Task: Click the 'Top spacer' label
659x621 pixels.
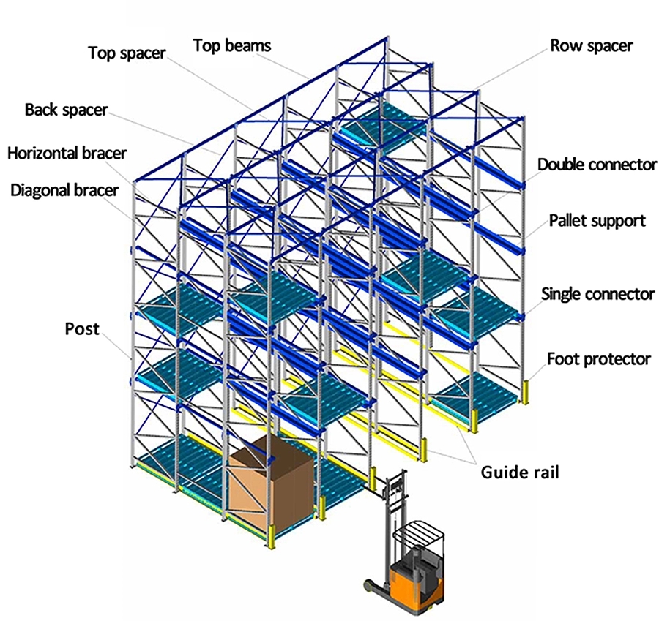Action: (127, 53)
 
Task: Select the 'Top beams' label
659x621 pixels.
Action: (232, 45)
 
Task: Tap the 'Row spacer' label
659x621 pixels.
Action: (592, 45)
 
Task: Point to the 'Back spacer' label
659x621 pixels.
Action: (66, 110)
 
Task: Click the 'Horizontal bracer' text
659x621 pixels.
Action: (67, 153)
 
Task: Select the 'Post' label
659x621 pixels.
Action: (81, 329)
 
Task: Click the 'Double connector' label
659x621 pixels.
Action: (597, 165)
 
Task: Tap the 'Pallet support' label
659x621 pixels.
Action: (597, 220)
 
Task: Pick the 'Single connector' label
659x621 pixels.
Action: (597, 294)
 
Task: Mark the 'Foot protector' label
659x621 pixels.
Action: (598, 358)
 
